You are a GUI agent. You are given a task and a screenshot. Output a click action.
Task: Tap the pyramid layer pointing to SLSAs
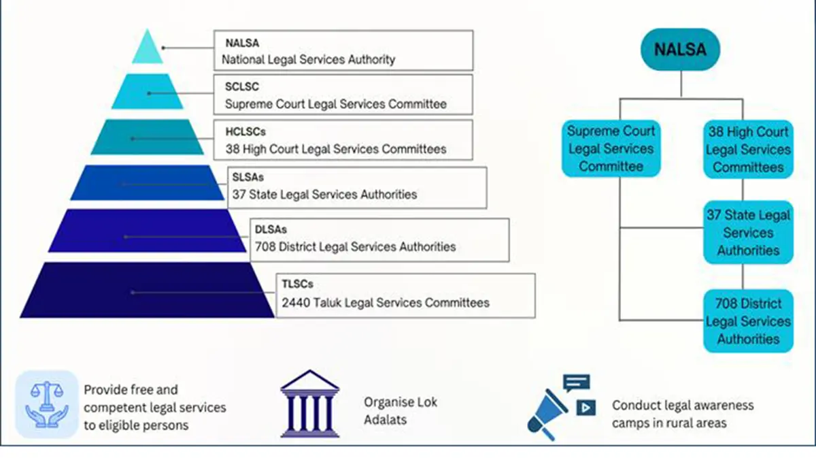[x=148, y=183]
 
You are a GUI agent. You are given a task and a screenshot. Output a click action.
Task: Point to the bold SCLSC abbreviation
[x=242, y=87]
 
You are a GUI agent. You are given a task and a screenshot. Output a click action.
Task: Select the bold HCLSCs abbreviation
[x=245, y=132]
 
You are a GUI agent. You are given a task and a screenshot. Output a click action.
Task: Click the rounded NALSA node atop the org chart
[x=680, y=50]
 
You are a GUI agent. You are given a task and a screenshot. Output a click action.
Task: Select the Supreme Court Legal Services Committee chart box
[x=611, y=148]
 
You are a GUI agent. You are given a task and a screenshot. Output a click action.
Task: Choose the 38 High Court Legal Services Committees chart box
[x=747, y=149]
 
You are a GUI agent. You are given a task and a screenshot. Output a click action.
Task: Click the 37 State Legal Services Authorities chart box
[x=747, y=233]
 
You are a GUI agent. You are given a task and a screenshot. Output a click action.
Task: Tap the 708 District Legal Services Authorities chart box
[x=747, y=321]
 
